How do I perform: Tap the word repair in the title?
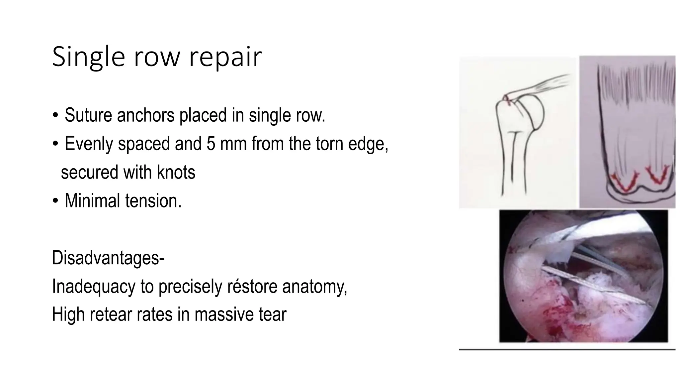[x=225, y=57]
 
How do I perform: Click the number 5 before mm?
[x=211, y=144]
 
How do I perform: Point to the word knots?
[x=176, y=172]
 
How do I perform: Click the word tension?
[x=153, y=201]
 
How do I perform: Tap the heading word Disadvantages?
[x=107, y=258]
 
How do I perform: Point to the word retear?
[x=111, y=315]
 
